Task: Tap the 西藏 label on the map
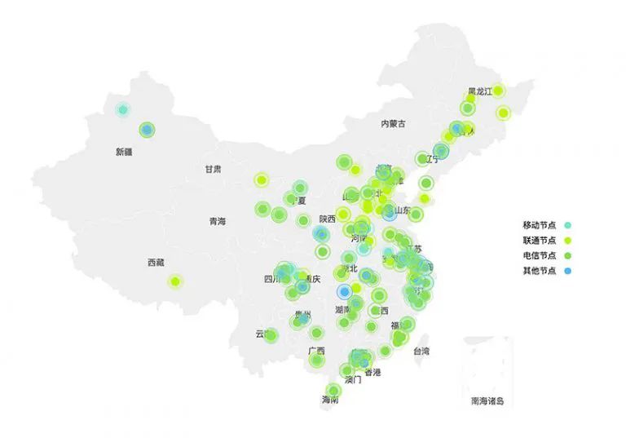156,263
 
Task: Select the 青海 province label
217,221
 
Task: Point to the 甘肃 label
213,169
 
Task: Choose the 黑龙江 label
479,91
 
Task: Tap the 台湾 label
421,352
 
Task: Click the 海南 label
330,400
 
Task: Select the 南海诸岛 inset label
487,401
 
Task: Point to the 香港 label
373,372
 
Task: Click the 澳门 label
353,380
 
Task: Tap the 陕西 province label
328,219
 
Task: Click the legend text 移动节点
540,224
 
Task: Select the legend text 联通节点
540,240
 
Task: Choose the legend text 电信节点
540,255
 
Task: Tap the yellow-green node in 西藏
174,281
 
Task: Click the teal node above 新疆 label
123,109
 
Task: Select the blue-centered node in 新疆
147,130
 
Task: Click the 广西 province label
317,352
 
